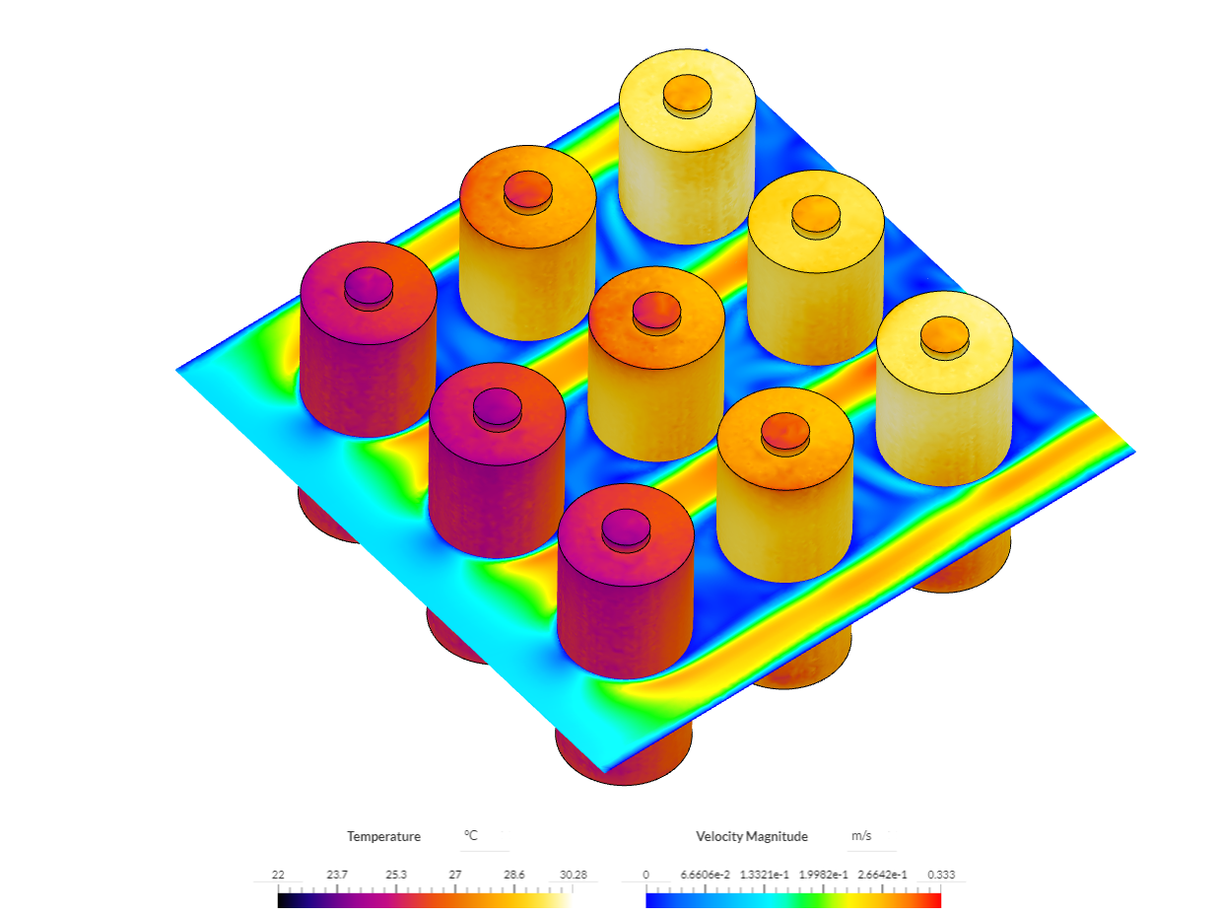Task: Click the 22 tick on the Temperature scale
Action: (x=278, y=875)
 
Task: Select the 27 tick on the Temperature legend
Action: (x=455, y=875)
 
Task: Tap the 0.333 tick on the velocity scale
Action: (x=941, y=875)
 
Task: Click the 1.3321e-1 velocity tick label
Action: (x=765, y=875)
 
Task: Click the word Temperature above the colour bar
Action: (x=383, y=836)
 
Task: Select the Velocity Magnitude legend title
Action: (x=751, y=836)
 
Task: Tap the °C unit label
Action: (x=471, y=836)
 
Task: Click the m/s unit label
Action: (x=860, y=836)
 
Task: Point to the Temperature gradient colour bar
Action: (x=424, y=899)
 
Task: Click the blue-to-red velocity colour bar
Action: (x=793, y=899)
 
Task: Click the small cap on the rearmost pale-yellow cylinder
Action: (x=687, y=95)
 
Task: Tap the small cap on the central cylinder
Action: (x=655, y=310)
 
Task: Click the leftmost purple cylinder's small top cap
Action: (x=369, y=285)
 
